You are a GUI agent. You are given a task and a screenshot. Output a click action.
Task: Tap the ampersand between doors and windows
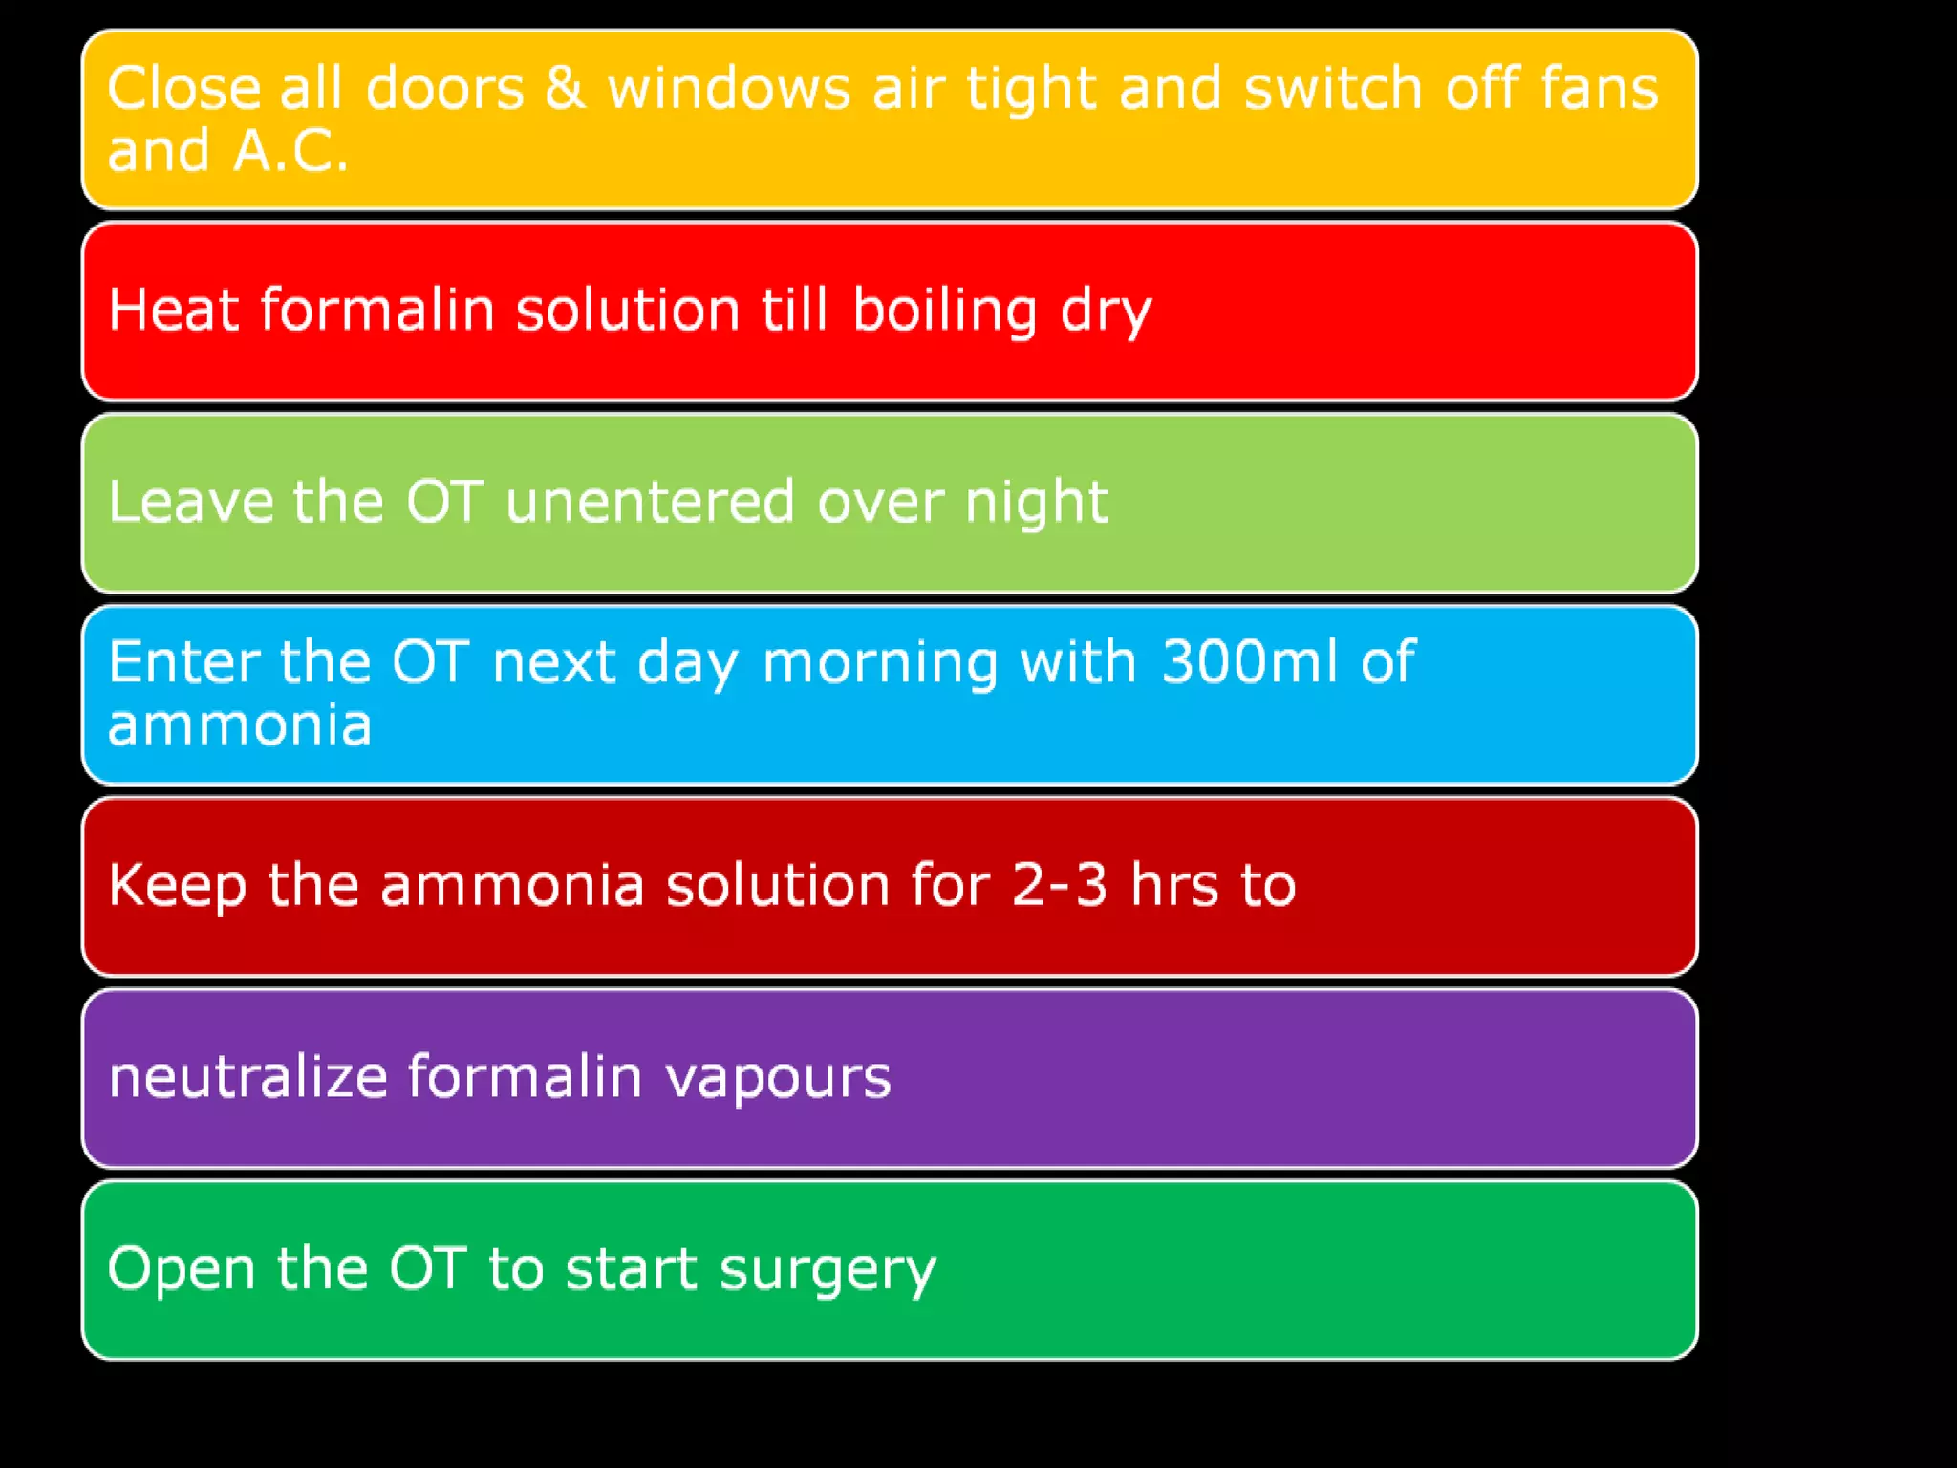[x=566, y=89]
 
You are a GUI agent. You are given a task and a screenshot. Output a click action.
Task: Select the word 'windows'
[x=729, y=89]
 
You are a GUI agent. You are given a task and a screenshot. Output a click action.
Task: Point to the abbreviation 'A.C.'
[x=290, y=151]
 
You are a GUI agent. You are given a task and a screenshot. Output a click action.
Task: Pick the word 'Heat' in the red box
[x=173, y=310]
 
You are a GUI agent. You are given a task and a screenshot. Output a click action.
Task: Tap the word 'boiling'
[x=944, y=312]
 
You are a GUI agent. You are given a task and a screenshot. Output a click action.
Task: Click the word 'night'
[x=1036, y=503]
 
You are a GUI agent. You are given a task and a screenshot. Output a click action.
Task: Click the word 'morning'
[x=880, y=663]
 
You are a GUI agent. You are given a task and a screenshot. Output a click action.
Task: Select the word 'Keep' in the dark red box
[x=178, y=885]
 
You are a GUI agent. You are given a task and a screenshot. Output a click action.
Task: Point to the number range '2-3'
[x=1059, y=885]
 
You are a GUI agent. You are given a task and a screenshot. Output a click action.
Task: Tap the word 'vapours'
[x=778, y=1079]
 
